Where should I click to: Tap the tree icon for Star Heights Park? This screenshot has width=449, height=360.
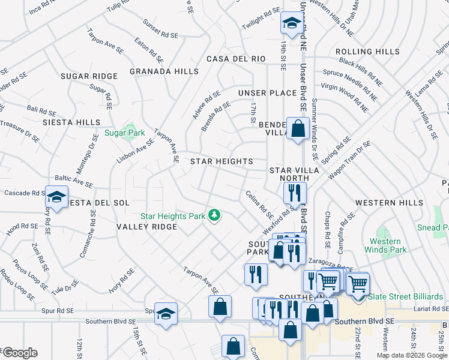[x=213, y=215]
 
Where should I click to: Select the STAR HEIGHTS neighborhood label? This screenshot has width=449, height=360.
[x=221, y=161]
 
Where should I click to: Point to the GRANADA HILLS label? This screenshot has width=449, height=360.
[x=164, y=71]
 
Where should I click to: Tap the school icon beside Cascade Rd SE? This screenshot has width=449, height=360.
[x=56, y=197]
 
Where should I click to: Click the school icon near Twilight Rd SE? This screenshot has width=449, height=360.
[x=291, y=24]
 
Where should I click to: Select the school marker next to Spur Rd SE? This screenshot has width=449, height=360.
[x=166, y=313]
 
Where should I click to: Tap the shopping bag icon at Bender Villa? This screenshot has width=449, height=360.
[x=298, y=128]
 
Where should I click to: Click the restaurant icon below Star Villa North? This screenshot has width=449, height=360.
[x=295, y=193]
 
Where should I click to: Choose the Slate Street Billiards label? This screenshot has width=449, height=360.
[x=406, y=296]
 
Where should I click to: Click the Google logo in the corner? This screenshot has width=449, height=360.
[x=19, y=353]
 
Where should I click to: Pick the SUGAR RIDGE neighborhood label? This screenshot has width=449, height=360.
[x=89, y=76]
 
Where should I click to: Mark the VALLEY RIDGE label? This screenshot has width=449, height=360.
[x=146, y=227]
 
